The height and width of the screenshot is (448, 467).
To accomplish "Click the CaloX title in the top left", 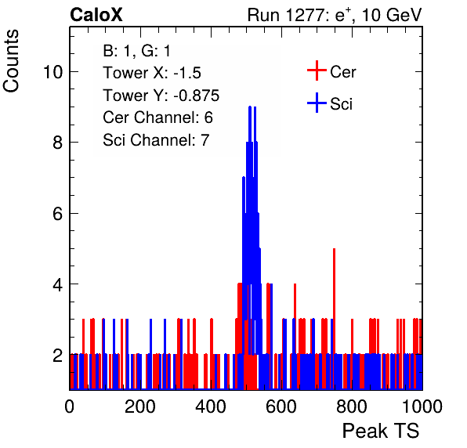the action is tap(96, 15).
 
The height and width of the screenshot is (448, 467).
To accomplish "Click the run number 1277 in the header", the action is tap(305, 15).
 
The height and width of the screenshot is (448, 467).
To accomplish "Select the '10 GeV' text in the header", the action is tap(392, 15).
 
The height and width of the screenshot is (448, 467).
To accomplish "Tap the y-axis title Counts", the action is tap(11, 61).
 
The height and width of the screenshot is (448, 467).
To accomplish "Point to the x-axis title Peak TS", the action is tap(381, 431).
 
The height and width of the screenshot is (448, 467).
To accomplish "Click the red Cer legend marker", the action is tap(317, 70).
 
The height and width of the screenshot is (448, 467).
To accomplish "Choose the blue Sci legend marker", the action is tap(317, 103).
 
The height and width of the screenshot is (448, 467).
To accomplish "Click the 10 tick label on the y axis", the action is tap(53, 72).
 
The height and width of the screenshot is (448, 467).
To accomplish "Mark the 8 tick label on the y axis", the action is tap(58, 143).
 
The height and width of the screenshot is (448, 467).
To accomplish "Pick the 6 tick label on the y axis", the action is tap(58, 214).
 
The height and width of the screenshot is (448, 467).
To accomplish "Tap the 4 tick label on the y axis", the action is tap(58, 284).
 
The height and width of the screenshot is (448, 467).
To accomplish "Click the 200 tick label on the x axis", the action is tap(140, 406).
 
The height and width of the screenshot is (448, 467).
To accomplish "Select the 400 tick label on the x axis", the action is tap(211, 406).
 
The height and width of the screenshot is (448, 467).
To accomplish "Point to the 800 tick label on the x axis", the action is tap(352, 406).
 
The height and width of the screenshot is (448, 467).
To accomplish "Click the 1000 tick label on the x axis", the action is tap(422, 406).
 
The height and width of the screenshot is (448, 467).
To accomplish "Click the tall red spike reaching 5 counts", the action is tap(334, 319).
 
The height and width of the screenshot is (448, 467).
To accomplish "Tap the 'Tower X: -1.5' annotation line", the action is tap(152, 73).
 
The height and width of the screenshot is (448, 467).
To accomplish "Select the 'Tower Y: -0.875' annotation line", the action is tap(161, 96).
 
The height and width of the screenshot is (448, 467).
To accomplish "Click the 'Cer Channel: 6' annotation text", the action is tap(157, 117).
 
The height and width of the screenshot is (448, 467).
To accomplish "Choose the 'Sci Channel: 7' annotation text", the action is tap(156, 140).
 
